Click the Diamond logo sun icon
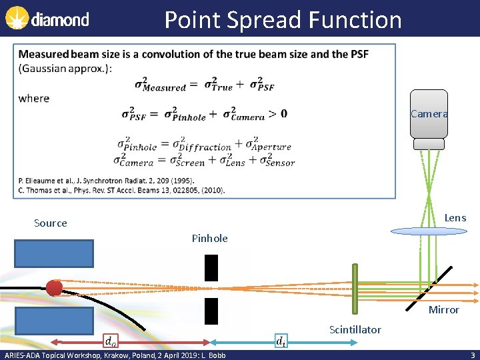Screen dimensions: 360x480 point(16,19)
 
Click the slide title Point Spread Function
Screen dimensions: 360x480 point(283,20)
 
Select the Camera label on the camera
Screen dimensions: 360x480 point(429,114)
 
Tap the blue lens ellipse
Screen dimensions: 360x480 point(429,231)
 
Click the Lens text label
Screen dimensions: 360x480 point(455,218)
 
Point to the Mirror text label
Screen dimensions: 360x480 point(443,309)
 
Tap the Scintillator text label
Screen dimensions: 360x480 point(355,329)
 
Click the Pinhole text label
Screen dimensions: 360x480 point(209,238)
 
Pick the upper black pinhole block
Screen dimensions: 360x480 point(211,267)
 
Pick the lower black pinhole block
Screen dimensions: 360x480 point(211,311)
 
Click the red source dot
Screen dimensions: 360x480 point(54,288)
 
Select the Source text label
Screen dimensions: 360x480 point(51,223)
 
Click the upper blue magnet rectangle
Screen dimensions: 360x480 point(54,253)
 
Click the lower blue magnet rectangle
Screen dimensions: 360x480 point(54,321)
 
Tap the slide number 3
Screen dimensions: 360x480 point(472,355)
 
